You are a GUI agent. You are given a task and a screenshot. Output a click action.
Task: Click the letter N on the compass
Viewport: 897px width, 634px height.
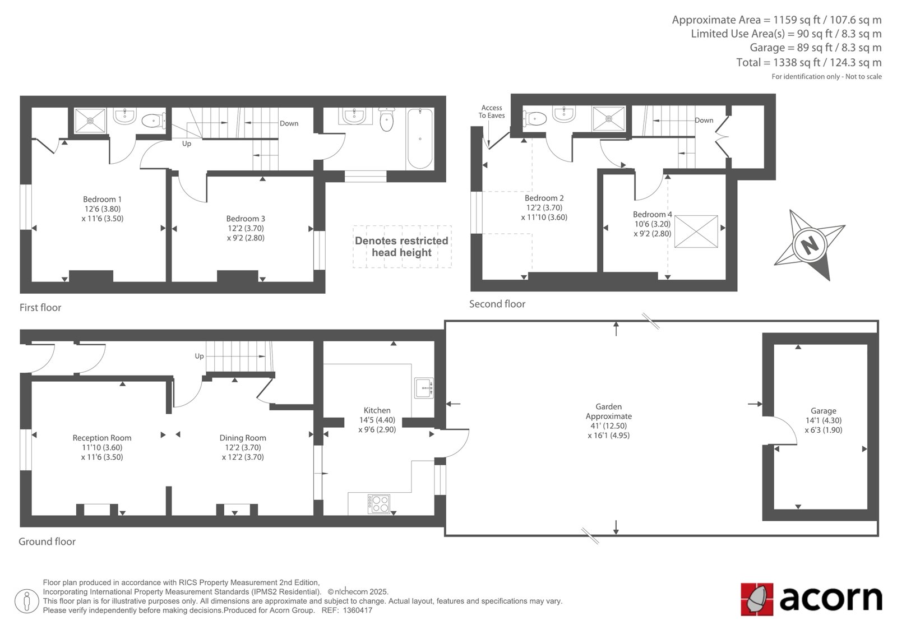pos(810,244)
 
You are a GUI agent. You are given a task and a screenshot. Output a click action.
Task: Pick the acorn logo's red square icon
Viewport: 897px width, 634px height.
pos(757,599)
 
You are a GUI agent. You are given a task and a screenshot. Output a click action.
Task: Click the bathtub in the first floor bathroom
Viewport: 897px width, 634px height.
pos(420,138)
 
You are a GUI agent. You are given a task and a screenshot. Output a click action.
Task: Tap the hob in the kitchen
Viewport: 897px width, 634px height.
pos(379,504)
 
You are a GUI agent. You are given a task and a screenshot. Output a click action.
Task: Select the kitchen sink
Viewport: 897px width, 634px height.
pos(424,388)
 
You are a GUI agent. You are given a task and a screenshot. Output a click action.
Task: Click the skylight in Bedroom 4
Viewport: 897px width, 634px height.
pos(696,232)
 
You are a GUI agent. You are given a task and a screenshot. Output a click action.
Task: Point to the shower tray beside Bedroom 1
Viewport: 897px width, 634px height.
pos(90,120)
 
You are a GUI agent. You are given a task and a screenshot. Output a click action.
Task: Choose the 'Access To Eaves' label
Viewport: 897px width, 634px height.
pos(491,112)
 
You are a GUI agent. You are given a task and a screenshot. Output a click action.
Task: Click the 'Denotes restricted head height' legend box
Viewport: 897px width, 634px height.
pos(402,246)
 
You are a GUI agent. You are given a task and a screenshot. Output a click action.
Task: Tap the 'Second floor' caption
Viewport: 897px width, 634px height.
pos(497,304)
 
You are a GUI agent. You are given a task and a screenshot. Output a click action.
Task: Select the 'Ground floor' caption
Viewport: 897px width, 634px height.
pos(47,542)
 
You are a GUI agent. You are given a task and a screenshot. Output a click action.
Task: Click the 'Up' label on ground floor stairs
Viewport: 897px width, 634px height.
pos(199,356)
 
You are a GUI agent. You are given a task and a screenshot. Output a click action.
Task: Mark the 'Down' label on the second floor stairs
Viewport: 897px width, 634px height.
pos(704,120)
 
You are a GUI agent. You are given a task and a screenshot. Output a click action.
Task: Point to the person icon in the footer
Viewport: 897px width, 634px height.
pos(26,601)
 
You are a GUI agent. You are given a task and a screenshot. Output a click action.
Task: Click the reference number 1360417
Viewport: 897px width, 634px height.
pos(357,610)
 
